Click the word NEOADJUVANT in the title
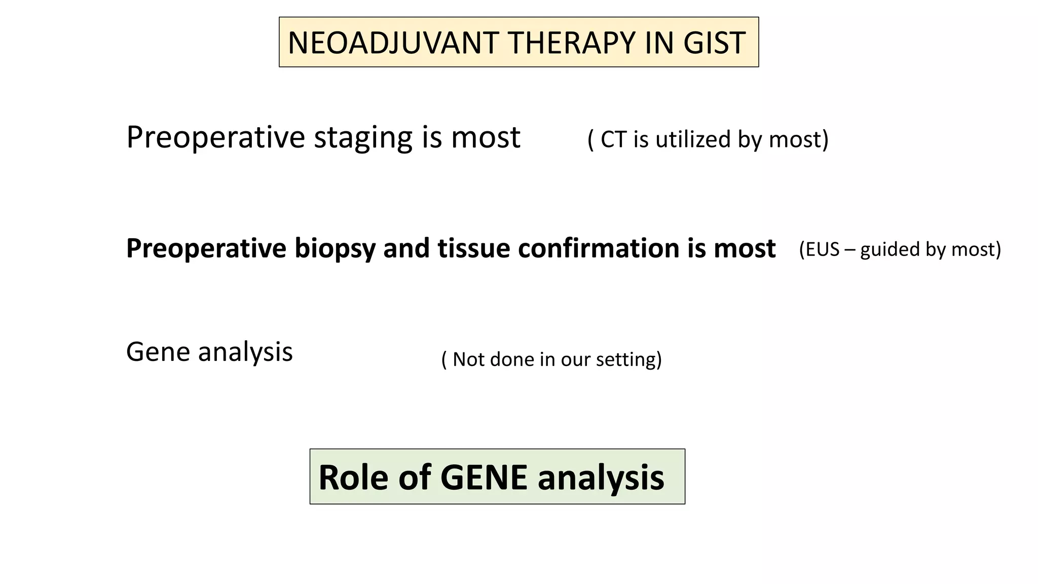click(393, 43)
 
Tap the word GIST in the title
click(714, 43)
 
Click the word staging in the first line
click(363, 138)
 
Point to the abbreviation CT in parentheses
click(613, 139)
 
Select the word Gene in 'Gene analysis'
click(158, 352)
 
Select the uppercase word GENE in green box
click(484, 478)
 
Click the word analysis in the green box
click(601, 478)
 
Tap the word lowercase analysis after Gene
click(245, 352)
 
